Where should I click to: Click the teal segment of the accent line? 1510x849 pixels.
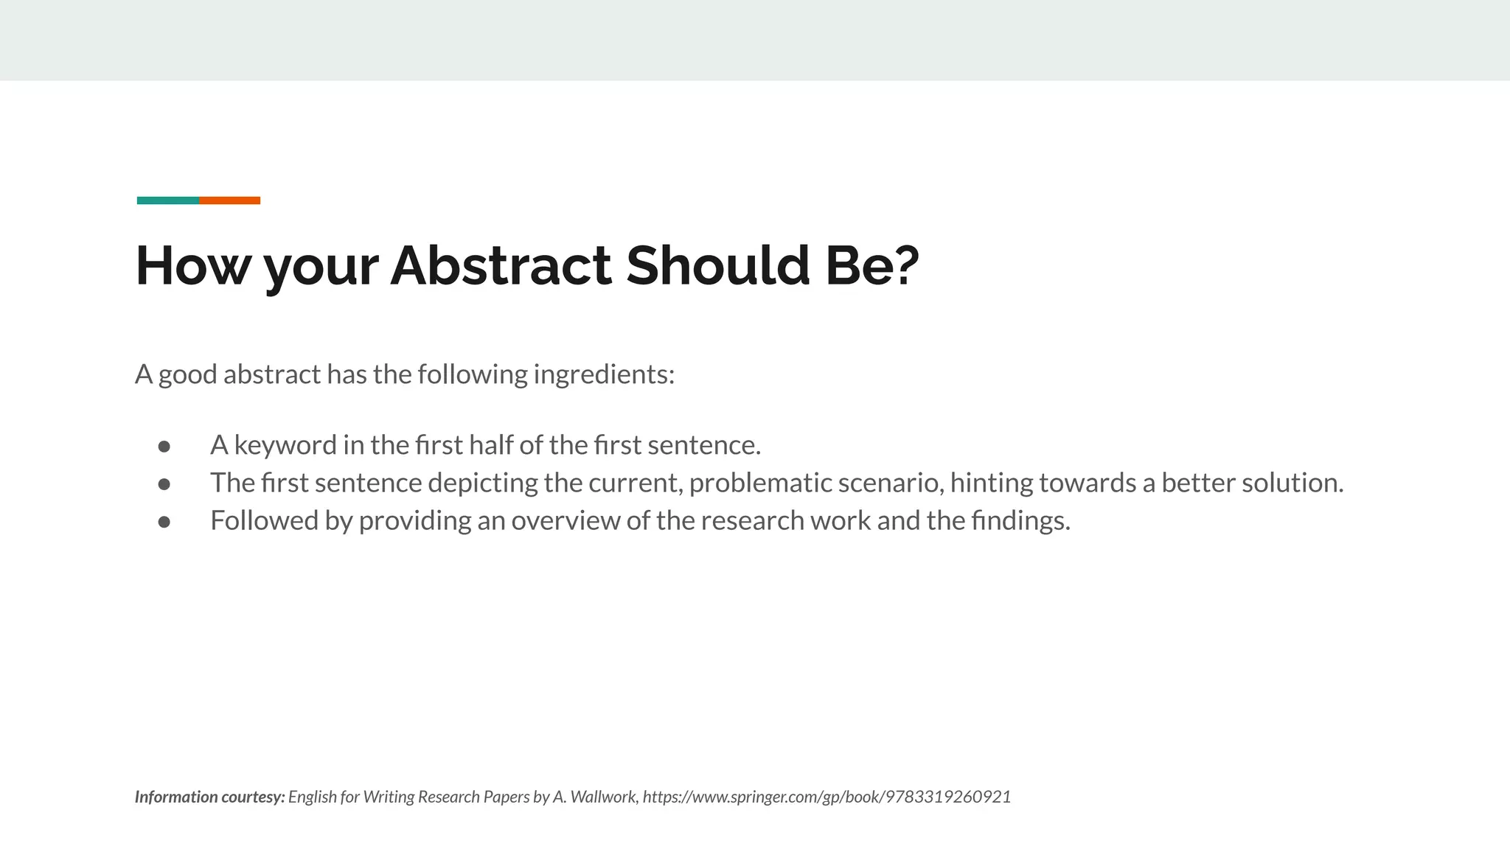(167, 200)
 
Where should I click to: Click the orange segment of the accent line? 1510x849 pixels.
(229, 200)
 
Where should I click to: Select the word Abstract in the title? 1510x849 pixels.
(501, 265)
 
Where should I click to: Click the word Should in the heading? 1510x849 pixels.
(717, 265)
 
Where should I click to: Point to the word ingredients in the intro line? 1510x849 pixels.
(603, 374)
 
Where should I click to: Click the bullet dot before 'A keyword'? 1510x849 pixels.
(164, 447)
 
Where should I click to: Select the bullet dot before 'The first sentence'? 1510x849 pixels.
(164, 484)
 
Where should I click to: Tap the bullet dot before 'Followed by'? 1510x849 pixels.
(164, 522)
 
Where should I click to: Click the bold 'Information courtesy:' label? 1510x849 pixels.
(209, 797)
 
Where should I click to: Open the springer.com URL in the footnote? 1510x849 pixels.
(827, 797)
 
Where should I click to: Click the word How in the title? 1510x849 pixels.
(192, 265)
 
